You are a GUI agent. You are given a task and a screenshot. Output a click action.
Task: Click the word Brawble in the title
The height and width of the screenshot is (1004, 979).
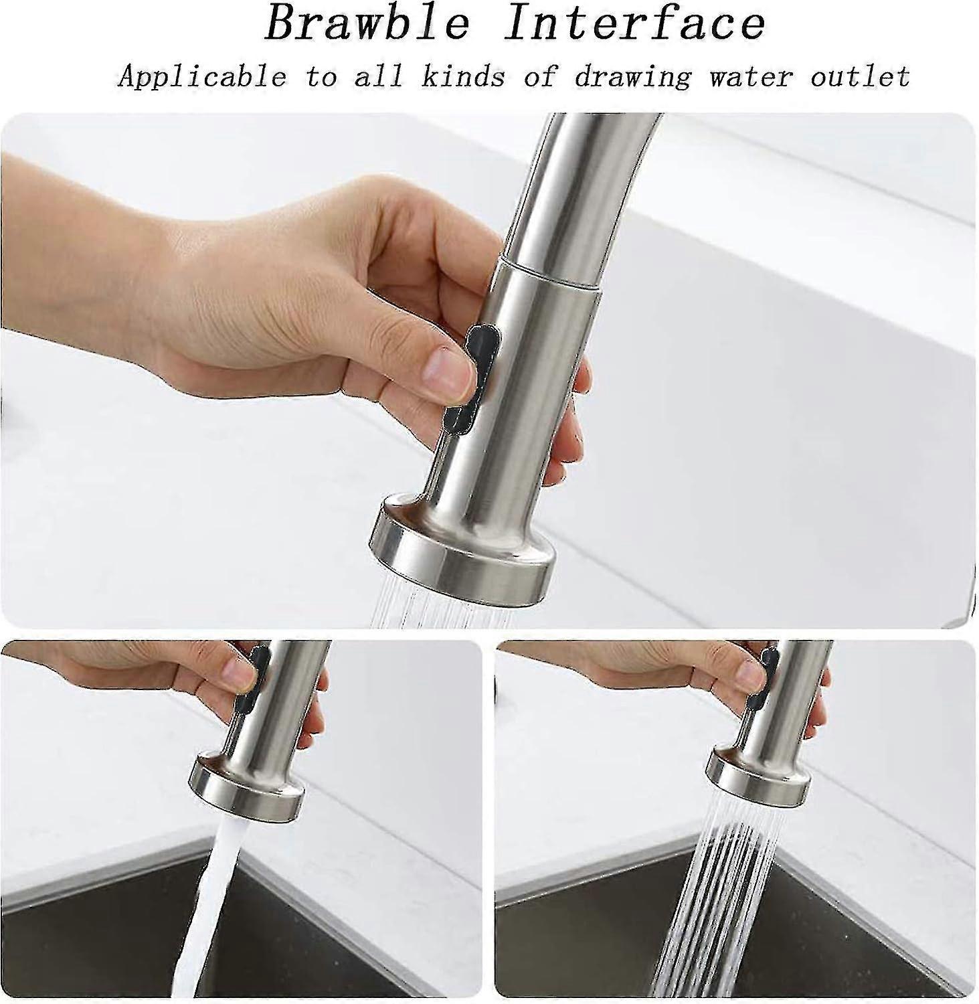point(367,24)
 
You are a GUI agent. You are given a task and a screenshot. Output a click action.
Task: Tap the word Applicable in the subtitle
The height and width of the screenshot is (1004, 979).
point(201,76)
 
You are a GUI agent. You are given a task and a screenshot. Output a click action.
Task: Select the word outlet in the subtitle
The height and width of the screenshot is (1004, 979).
point(861,76)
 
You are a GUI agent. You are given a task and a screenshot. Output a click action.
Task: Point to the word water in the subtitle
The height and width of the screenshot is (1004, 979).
point(752,76)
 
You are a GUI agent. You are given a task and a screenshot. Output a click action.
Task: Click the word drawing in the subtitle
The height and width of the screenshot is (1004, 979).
point(632,76)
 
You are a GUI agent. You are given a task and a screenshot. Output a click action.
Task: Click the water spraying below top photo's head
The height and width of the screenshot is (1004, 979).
point(442,609)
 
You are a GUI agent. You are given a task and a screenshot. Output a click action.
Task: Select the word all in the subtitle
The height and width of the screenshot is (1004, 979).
point(379,76)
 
